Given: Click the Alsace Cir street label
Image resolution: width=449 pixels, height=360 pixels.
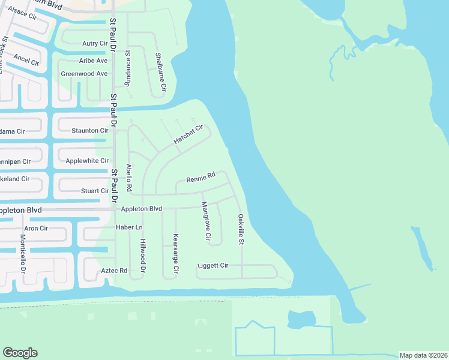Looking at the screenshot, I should tap(22, 13).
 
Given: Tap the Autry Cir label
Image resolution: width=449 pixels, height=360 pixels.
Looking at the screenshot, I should tap(94, 43).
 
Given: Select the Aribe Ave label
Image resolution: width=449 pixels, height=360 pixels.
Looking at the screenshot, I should tap(93, 61).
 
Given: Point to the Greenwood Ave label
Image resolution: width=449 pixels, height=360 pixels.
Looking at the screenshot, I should tap(84, 74).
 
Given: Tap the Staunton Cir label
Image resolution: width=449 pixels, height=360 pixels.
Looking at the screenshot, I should tap(90, 130).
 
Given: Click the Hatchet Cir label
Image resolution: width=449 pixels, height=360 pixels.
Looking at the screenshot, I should tap(189, 133).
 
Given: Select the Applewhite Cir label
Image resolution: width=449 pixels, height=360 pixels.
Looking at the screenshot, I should tap(87, 161).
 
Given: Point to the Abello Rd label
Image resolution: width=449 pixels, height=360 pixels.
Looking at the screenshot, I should tap(128, 178).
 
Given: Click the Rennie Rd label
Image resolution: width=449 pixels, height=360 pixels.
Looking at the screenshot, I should tap(200, 178).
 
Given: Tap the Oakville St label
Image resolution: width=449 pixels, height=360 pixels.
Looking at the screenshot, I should tap(241, 229).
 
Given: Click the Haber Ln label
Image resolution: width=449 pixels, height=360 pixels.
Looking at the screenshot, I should tap(129, 227).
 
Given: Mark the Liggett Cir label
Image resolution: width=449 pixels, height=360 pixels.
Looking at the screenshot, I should tap(213, 265).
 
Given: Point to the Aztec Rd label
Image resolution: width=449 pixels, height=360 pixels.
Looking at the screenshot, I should tap(114, 271).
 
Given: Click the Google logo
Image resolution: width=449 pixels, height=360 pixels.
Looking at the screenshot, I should tap(20, 353).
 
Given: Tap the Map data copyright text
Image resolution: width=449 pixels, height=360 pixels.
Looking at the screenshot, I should tap(423, 355).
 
